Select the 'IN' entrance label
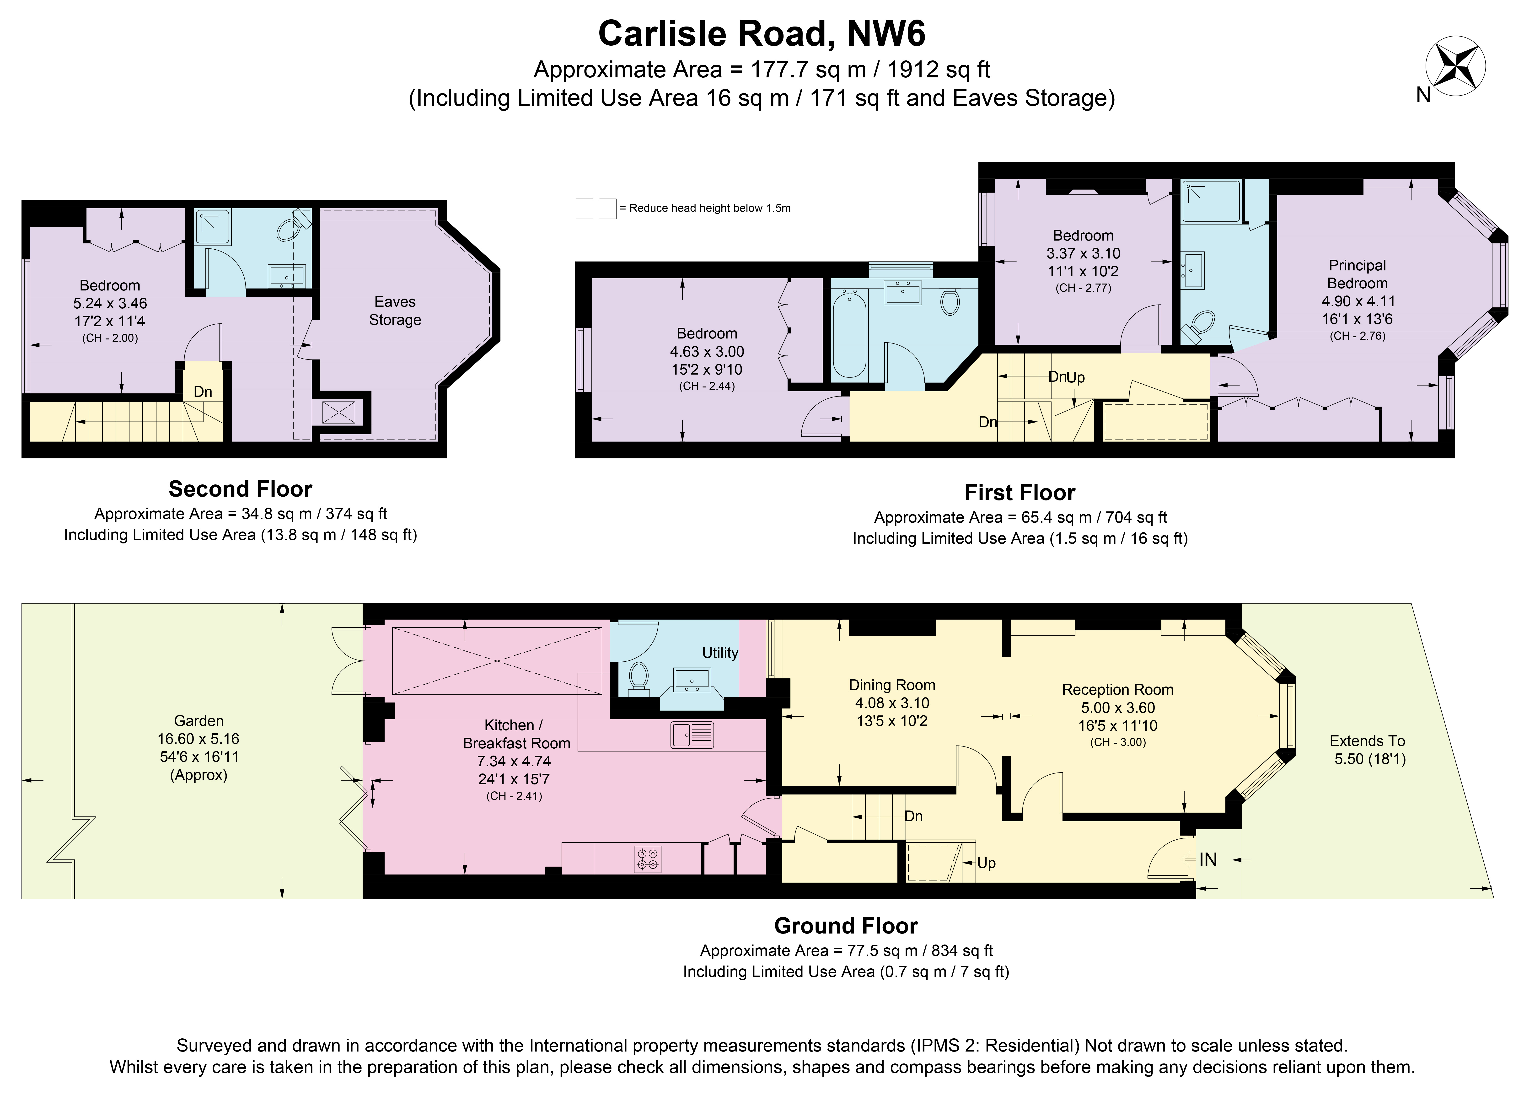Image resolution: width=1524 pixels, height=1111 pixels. click(x=1208, y=859)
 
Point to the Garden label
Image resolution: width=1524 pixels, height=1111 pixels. click(x=199, y=721)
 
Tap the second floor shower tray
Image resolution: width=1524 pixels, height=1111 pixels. click(x=213, y=227)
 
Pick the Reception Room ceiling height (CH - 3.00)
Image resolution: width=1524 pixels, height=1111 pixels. click(x=1118, y=742)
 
